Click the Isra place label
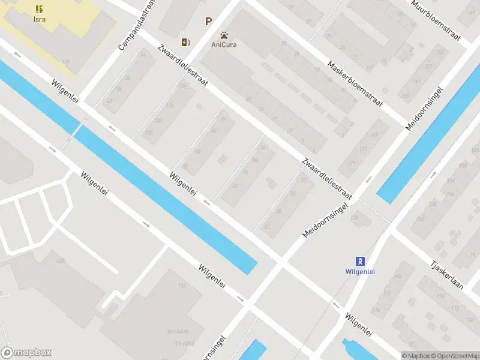coord(39,19)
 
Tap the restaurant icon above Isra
coord(39,8)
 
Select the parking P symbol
coord(208,22)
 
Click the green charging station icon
coord(187,41)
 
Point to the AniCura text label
coord(223,44)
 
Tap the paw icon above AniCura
coord(224,35)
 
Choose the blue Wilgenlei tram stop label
coord(360,271)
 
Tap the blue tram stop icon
coord(360,260)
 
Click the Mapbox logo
coord(26,353)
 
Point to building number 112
coord(183,286)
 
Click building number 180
coord(60,260)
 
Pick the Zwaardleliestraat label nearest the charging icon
coord(183,66)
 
